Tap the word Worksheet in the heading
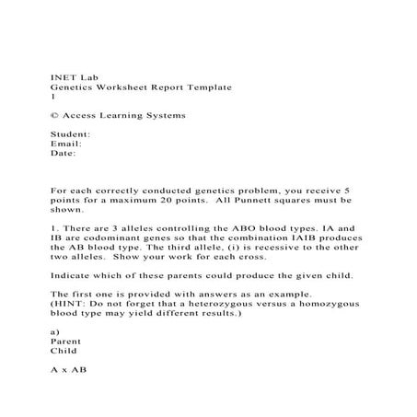click(x=118, y=86)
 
